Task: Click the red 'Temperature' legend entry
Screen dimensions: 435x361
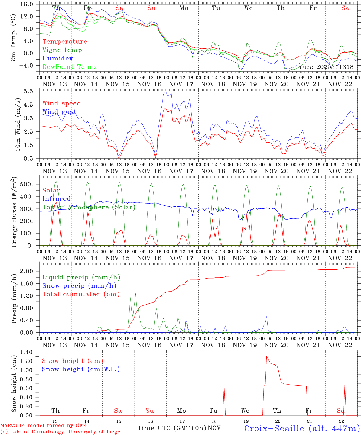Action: click(x=65, y=42)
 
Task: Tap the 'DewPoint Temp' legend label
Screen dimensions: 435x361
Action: click(x=69, y=67)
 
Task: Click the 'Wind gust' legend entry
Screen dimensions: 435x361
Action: click(x=59, y=112)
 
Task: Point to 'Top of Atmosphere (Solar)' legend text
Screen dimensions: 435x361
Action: click(x=89, y=207)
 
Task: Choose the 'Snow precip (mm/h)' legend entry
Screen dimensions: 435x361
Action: click(x=79, y=286)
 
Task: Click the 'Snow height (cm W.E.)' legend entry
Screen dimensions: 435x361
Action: click(x=81, y=369)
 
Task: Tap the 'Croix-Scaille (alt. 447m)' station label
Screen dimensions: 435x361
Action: click(x=302, y=428)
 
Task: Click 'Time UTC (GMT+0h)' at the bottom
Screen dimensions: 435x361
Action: click(x=172, y=428)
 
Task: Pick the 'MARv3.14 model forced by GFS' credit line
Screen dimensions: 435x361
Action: click(x=43, y=426)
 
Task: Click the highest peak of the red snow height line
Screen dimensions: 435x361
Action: click(x=266, y=356)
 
